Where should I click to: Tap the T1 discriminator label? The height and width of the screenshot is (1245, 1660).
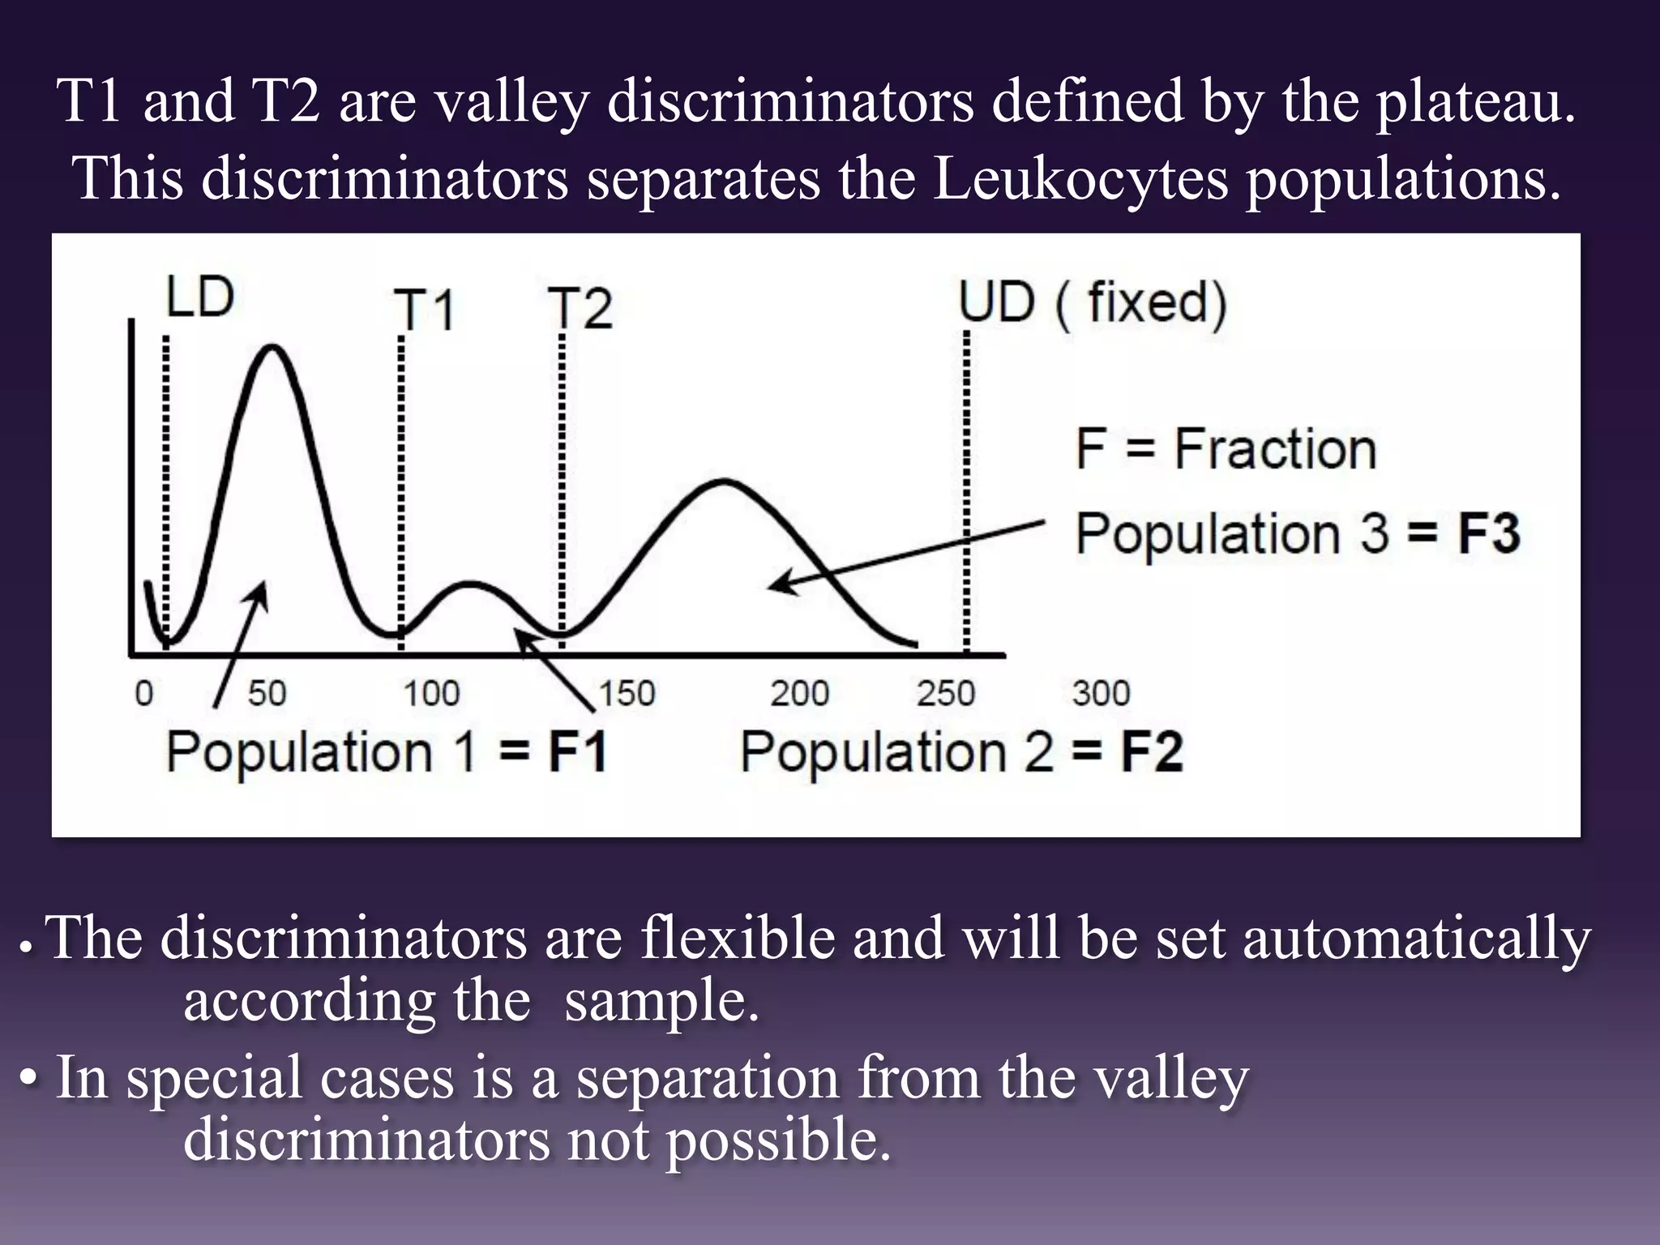coord(425,310)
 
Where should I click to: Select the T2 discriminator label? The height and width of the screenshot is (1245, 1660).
coord(580,309)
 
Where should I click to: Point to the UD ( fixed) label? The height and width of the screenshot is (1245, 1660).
coord(1092,304)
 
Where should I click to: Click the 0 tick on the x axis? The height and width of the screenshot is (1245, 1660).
coord(143,693)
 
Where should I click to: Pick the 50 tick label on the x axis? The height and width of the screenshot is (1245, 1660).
coord(267,693)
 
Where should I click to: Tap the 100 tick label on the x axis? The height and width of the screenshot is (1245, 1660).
coord(431,693)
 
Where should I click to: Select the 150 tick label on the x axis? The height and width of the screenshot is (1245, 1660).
coord(627,693)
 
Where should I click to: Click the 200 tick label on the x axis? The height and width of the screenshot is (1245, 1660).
coord(799,693)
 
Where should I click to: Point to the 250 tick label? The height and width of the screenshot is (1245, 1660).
coord(945,693)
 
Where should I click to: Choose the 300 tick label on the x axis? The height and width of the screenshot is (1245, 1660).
coord(1101,693)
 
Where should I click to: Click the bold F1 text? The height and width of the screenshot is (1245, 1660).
coord(577,751)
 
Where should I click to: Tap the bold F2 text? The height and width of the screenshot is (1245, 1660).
coord(1152,751)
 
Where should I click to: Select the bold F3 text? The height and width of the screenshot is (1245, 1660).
coord(1488,534)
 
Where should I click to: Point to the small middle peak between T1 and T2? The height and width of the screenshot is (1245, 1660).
coord(470,584)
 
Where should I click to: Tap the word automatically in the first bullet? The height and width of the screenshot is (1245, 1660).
coord(1416,938)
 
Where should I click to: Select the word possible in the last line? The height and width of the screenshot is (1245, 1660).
coord(777,1140)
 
